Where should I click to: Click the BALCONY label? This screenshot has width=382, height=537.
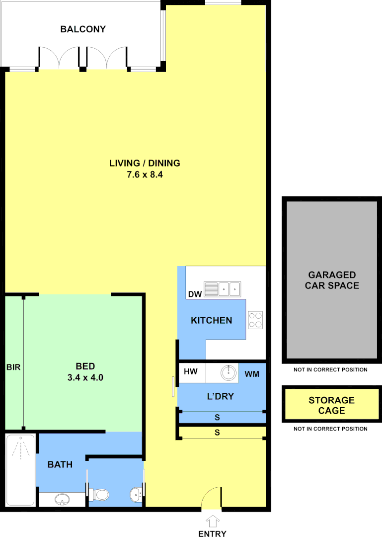(83, 29)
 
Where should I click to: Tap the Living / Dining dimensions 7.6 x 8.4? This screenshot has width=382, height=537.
(145, 175)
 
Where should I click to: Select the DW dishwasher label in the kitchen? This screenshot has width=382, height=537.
(195, 294)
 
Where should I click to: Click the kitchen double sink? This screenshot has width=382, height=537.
(223, 289)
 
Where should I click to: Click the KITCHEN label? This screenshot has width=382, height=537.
(212, 320)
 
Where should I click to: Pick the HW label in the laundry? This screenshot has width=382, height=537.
(191, 372)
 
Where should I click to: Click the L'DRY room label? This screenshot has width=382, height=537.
(220, 397)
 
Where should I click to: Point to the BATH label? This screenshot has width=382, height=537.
(60, 464)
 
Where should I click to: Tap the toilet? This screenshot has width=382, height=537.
(101, 494)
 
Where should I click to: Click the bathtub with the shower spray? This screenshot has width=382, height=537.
(19, 470)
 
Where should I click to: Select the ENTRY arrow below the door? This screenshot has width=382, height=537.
(213, 522)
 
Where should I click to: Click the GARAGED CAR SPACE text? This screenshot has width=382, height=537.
(332, 280)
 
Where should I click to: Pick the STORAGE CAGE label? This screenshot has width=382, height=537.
(331, 405)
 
